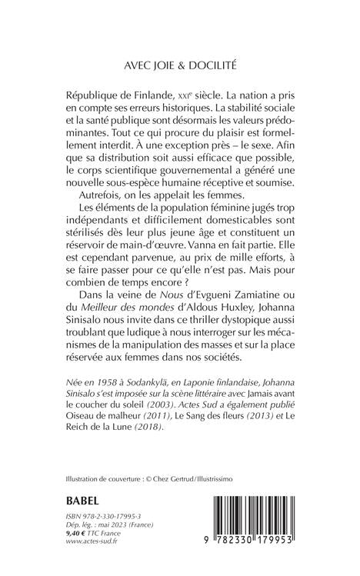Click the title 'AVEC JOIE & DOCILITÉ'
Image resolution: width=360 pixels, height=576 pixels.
point(180,66)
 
